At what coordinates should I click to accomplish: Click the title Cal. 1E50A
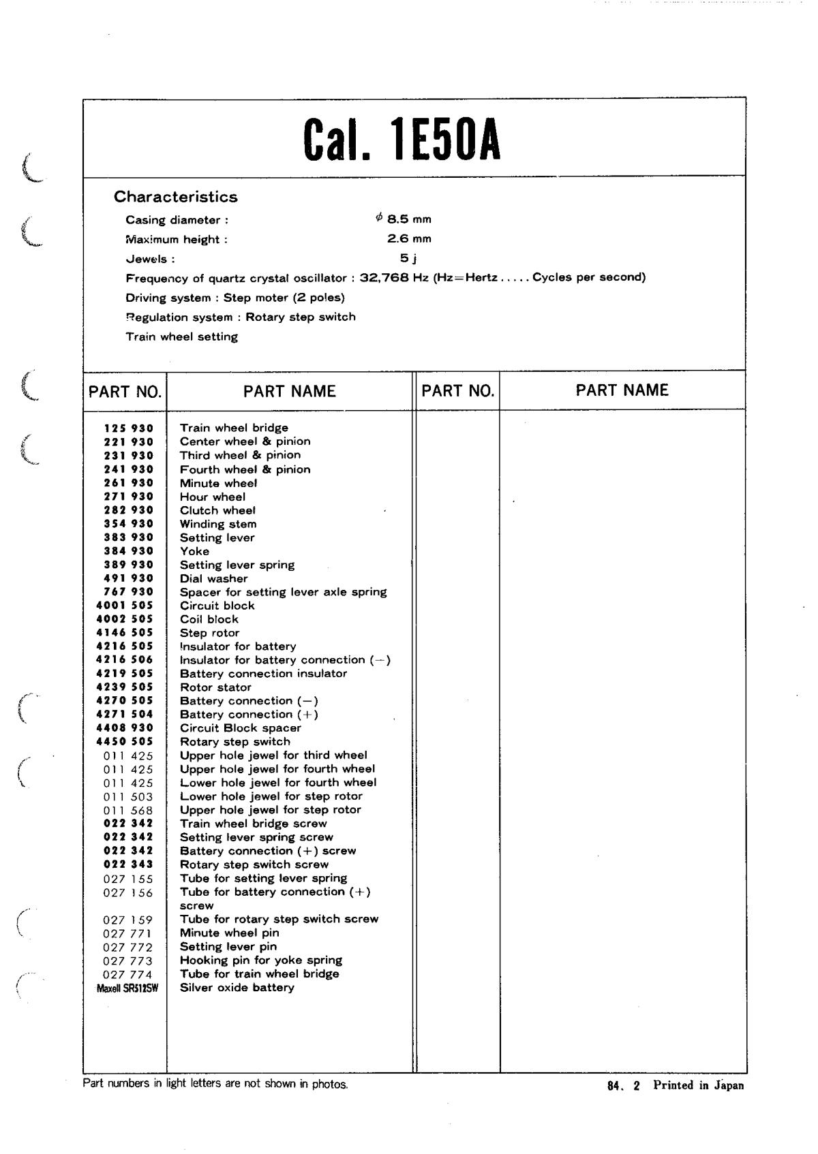coord(402,140)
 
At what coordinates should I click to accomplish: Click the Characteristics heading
coord(175,197)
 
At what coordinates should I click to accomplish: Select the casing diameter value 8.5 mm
coord(404,219)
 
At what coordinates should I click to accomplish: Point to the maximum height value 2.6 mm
coord(409,238)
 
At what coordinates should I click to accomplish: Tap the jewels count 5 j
coord(408,258)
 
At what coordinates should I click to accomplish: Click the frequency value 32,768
coord(384,277)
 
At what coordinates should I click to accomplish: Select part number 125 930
coord(128,428)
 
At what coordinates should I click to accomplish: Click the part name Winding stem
coord(218,524)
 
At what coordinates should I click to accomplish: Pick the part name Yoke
coord(194,551)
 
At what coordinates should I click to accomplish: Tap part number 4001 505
coord(125,606)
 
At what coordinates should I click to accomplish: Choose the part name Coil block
coord(209,619)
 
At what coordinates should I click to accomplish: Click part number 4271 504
coord(125,715)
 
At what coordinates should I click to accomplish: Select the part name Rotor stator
coord(215,687)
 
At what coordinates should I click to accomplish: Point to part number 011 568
coord(128,811)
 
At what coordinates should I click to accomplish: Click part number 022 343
coord(128,864)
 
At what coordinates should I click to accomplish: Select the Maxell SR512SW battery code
coord(127,988)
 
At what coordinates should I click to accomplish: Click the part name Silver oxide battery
coord(237,988)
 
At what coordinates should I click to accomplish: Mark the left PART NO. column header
coord(125,392)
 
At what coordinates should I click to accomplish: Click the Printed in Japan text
coord(698,1086)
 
